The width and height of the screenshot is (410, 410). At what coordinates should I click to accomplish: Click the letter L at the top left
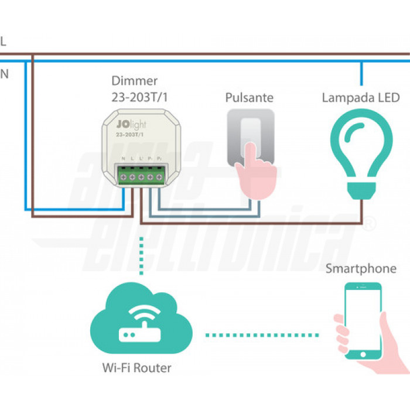click(4, 42)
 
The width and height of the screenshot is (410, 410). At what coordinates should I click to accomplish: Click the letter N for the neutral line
click(4, 74)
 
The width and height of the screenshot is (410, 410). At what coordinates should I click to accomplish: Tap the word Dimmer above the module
click(134, 81)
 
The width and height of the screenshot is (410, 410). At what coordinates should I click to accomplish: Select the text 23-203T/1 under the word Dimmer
click(139, 97)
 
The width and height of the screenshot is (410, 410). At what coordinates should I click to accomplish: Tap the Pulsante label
click(250, 98)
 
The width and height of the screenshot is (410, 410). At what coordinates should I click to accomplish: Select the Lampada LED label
click(360, 98)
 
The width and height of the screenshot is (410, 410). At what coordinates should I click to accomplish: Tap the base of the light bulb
click(361, 189)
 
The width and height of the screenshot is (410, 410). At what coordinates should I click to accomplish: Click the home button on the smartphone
click(363, 354)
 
